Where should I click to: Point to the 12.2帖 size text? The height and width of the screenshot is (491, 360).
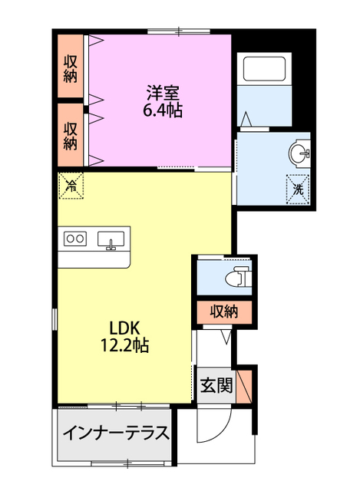point(124,346)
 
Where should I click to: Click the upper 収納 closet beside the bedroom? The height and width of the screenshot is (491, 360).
point(71,67)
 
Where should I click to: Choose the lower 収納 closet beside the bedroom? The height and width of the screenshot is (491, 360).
point(71,134)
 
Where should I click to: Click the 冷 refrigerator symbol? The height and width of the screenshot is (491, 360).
point(71,184)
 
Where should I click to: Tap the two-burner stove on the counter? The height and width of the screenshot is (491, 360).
point(75,239)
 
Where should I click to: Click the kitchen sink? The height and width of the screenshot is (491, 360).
point(112,240)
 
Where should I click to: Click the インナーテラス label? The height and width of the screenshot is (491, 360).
point(115,433)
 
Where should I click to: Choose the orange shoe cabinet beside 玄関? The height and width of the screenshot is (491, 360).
point(246,384)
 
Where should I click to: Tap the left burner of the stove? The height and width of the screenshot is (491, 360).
point(70,239)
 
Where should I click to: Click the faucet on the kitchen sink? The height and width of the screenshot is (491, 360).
point(112,245)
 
